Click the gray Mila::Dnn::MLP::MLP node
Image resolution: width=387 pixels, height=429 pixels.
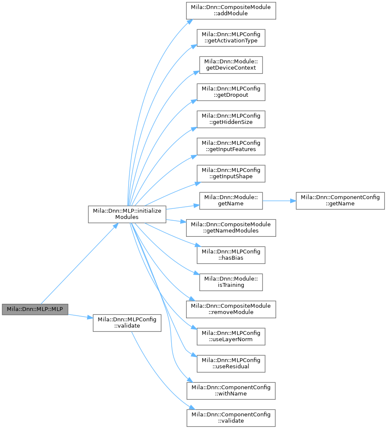35,309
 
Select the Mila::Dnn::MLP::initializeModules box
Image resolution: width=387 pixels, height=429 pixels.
127,214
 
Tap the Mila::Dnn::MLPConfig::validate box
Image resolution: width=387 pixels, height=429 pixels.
127,323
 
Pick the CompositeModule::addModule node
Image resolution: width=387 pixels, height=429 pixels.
231,11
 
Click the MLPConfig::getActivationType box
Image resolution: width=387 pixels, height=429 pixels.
231,38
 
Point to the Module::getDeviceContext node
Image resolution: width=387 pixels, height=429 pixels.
231,65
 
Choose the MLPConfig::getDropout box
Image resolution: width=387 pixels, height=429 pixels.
231,92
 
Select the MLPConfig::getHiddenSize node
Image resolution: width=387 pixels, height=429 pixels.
231,119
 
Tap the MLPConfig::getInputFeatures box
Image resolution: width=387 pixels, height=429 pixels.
231,146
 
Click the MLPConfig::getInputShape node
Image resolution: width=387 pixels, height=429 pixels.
231,174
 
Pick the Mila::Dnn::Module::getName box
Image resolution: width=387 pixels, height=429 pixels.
231,201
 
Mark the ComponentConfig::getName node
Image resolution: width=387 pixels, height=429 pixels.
340,201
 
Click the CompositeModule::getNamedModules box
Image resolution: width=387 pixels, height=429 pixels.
231,228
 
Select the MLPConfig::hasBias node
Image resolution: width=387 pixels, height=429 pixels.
231,255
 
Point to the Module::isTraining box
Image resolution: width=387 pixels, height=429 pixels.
231,282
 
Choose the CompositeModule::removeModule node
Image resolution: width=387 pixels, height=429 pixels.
231,309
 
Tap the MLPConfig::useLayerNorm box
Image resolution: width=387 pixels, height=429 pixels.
231,336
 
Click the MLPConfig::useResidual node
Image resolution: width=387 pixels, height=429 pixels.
231,364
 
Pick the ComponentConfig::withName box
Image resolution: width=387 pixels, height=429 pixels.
231,391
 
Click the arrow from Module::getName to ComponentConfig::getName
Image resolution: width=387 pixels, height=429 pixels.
280,201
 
